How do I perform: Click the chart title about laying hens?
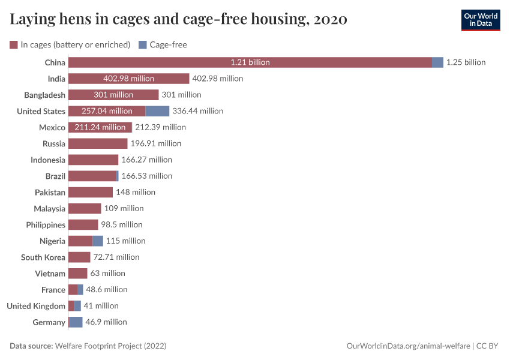(178, 20)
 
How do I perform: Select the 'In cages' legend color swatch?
(14, 44)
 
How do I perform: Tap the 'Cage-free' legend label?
(168, 44)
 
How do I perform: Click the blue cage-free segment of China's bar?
(437, 62)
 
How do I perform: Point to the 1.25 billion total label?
(466, 62)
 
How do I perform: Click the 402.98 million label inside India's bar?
(128, 79)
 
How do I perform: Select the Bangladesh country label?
(44, 95)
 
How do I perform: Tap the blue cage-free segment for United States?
(157, 111)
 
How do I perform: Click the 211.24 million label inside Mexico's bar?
(100, 127)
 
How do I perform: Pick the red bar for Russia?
(98, 143)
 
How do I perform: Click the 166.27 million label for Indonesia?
(146, 160)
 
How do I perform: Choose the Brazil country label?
(55, 176)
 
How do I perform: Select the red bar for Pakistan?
(91, 192)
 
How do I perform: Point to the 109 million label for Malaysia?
(124, 208)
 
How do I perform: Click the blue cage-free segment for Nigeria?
(98, 241)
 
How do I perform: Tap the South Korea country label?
(43, 257)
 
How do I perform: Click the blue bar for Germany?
(76, 322)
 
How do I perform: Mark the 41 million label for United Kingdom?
(101, 305)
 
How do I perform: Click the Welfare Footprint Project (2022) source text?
(110, 346)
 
